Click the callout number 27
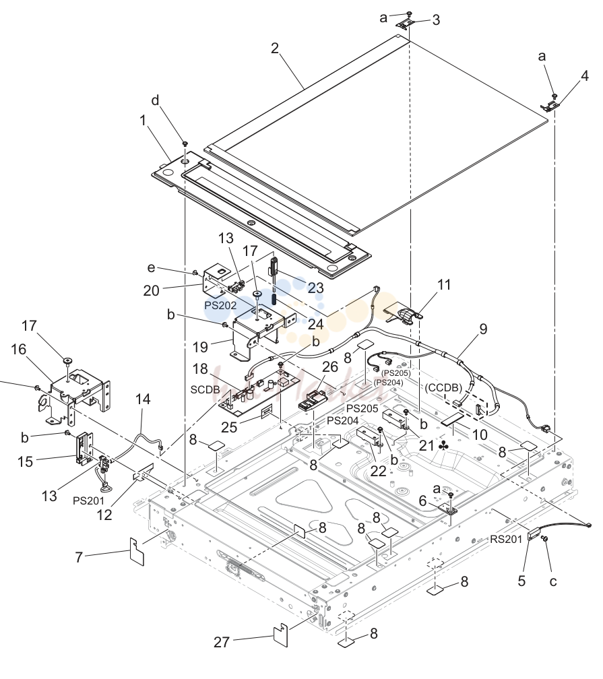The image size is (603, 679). click(221, 642)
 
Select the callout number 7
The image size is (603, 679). click(79, 557)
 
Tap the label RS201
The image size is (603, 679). click(506, 539)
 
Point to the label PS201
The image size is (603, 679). click(88, 500)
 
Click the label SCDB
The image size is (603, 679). click(205, 390)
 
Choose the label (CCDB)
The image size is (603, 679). click(443, 387)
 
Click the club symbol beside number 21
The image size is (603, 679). click(443, 445)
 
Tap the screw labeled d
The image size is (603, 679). click(185, 143)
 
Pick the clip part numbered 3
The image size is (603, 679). click(408, 24)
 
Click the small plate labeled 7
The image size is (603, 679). click(137, 551)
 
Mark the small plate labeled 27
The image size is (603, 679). click(281, 635)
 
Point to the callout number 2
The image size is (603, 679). click(275, 48)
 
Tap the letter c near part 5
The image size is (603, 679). click(553, 581)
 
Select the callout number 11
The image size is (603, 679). click(444, 284)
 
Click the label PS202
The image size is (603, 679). click(220, 305)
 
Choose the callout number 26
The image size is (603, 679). click(330, 366)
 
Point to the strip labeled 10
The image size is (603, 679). click(453, 418)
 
